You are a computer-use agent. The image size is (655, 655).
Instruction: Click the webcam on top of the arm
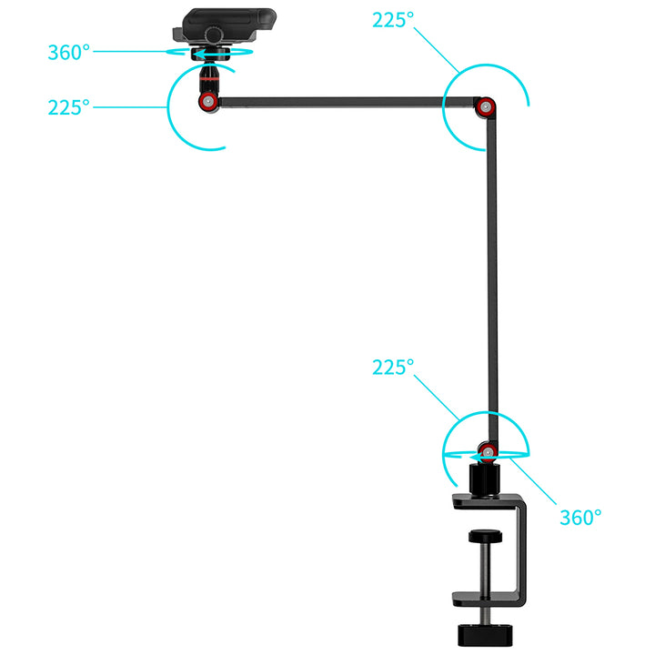point(227,23)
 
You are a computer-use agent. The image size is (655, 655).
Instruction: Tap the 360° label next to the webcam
point(68,52)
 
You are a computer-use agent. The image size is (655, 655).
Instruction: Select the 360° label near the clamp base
point(579,517)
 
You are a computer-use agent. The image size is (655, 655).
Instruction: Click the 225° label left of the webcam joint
point(68,107)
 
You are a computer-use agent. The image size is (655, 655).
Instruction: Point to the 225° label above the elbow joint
point(393,20)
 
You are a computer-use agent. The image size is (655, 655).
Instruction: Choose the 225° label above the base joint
point(393,368)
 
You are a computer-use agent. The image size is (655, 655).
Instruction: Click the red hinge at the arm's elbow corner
point(488,108)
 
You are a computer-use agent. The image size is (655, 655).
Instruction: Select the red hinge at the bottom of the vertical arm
point(488,449)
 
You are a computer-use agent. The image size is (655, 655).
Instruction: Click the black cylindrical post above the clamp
point(488,477)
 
